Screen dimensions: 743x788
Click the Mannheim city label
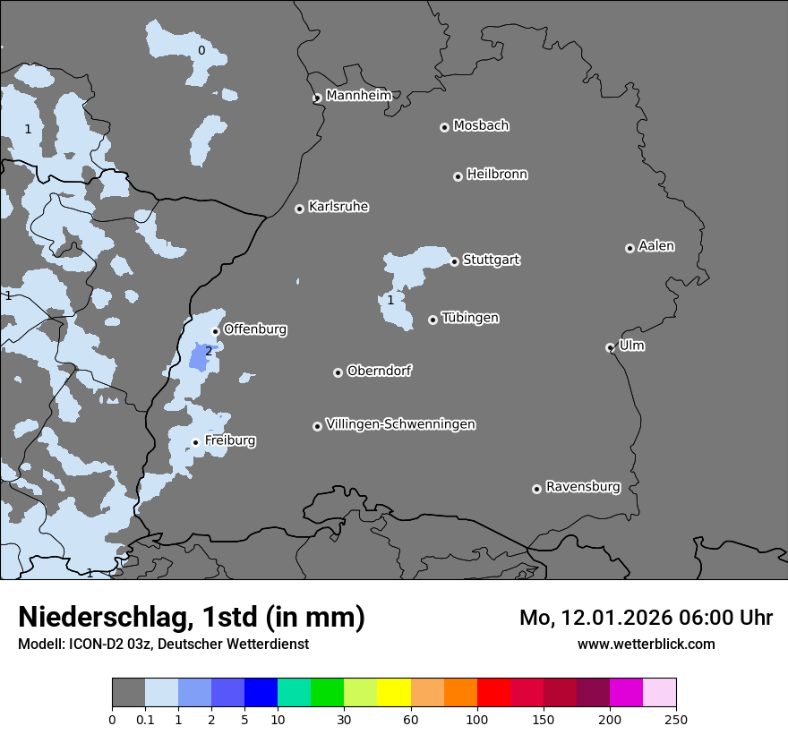point(358,96)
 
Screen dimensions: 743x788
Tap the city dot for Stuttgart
point(455,261)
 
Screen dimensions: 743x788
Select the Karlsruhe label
point(338,207)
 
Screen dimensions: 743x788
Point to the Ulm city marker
point(610,347)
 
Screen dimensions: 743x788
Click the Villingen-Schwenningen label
point(400,424)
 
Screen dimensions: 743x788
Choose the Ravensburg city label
point(583,487)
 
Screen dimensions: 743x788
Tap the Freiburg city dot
point(195,442)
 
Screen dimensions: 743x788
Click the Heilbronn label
point(497,175)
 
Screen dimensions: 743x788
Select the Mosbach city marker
point(444,127)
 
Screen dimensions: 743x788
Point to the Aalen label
point(656,246)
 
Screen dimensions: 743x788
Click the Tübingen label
point(470,318)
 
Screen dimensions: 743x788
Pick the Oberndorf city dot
point(338,372)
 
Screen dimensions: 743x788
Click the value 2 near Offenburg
point(209,351)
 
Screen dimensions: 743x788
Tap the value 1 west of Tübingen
point(390,300)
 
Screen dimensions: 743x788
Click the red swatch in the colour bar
point(493,693)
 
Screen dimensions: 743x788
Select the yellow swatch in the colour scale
point(394,693)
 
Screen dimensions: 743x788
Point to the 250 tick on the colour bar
point(675,719)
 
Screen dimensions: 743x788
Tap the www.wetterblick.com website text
point(646,645)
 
